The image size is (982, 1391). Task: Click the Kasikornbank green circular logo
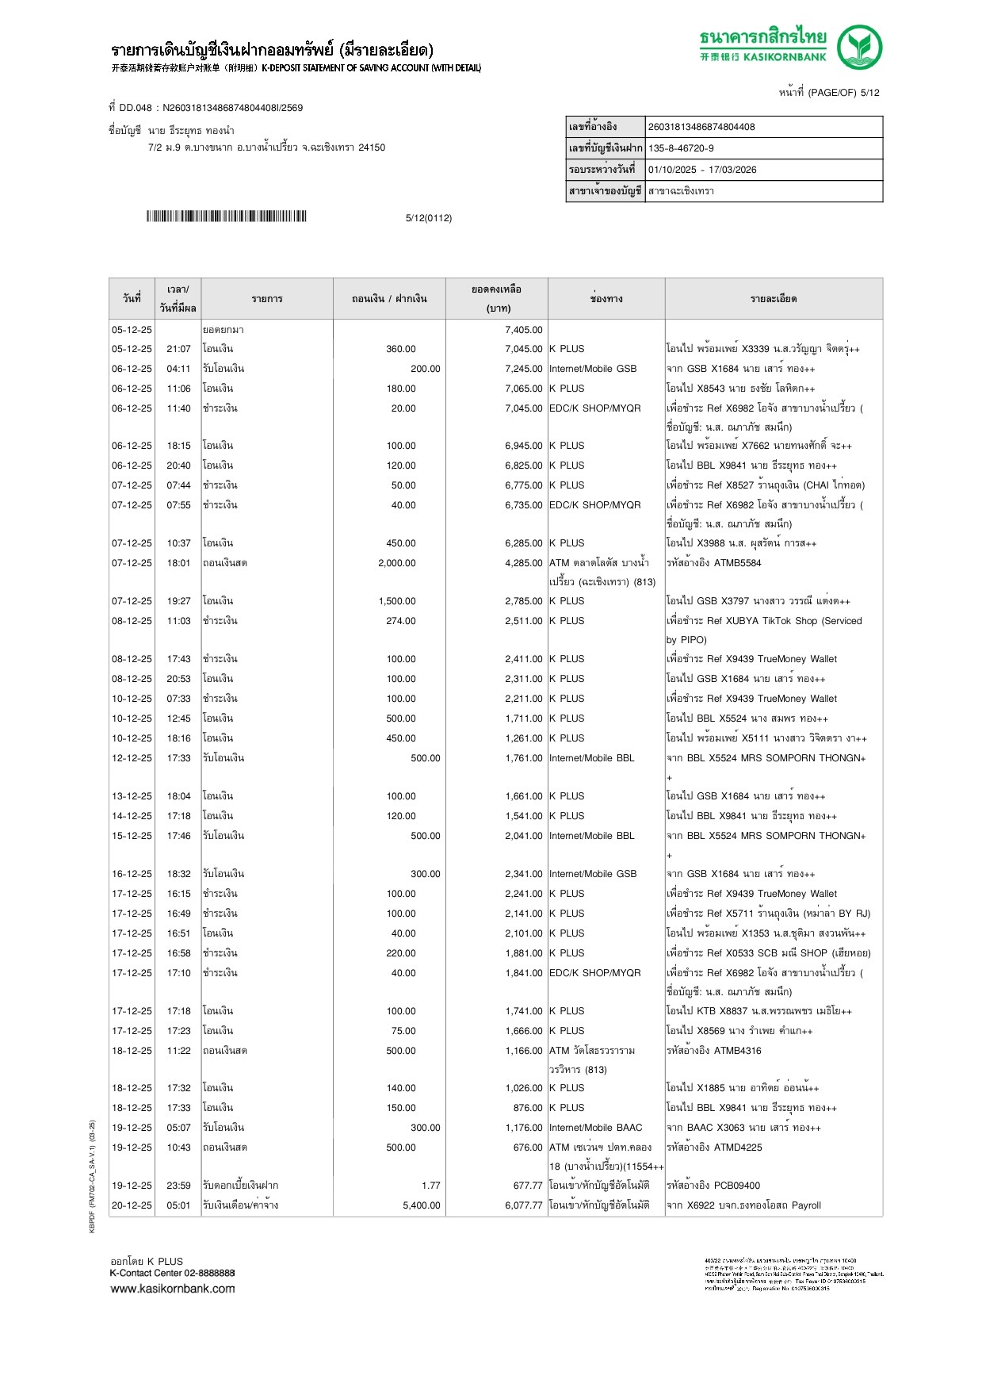859,47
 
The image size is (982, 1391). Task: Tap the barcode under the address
226,217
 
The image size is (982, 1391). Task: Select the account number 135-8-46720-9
681,148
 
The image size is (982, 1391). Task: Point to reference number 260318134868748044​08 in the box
701,127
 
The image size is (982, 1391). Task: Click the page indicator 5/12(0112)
429,218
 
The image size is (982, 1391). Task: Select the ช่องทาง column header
606,299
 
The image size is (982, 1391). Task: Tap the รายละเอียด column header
774,299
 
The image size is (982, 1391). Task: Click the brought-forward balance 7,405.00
524,330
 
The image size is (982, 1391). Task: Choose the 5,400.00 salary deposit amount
422,1205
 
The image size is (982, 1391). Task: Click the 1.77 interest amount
431,1186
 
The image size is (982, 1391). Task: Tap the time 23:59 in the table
178,1186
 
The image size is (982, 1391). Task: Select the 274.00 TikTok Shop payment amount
401,621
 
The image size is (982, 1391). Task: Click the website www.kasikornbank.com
173,1289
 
